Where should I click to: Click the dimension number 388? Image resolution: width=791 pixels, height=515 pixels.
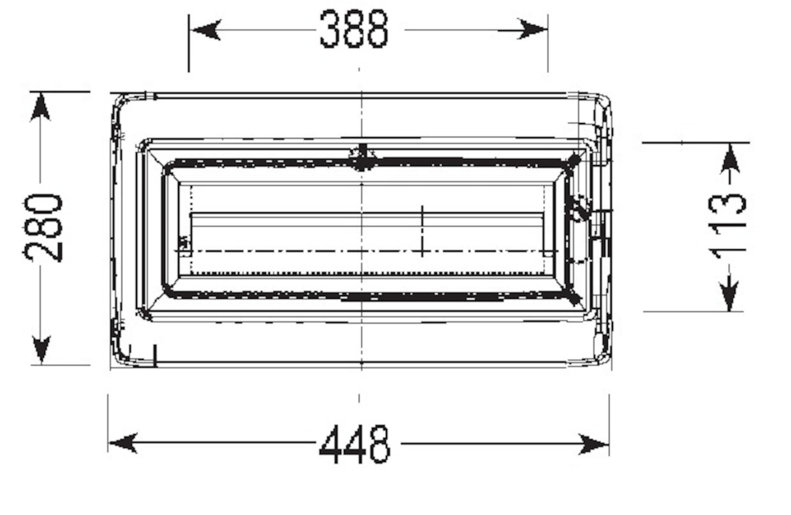[354, 29]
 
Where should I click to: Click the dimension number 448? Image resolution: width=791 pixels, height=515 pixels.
[355, 444]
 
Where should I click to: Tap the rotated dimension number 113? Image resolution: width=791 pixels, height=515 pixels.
[728, 226]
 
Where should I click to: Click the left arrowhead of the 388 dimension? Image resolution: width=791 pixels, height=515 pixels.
[206, 30]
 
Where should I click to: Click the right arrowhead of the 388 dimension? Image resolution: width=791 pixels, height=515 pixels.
[532, 29]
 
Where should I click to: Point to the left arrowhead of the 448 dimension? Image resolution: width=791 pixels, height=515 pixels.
[123, 443]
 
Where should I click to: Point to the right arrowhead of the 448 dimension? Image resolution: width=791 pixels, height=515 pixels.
[594, 444]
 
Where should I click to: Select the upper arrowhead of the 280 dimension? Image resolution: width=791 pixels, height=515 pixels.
[41, 107]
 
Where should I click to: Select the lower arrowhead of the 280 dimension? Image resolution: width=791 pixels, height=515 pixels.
[41, 349]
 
